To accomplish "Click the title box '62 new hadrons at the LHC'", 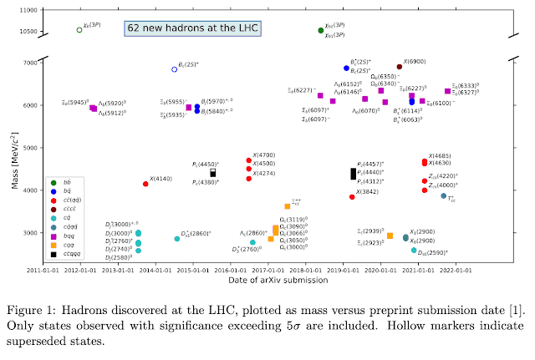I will click(192, 28).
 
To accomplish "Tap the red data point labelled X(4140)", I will click(145, 184).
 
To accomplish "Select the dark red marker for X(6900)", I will click(399, 67).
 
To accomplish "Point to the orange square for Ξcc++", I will click(288, 205).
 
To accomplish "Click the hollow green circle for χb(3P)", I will click(79, 29).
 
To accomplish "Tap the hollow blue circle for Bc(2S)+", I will click(175, 69).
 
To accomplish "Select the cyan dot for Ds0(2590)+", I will click(414, 250).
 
